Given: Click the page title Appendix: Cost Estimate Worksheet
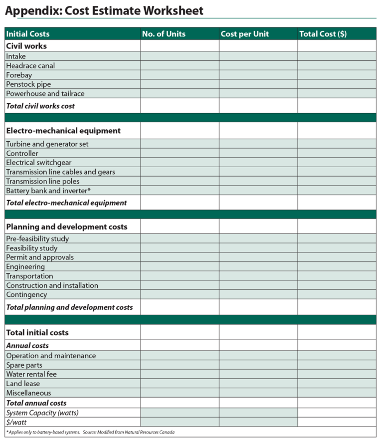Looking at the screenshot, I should pyautogui.click(x=104, y=10).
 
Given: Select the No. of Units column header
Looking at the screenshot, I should pyautogui.click(x=164, y=34).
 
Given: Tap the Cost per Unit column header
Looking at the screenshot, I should pyautogui.click(x=244, y=34).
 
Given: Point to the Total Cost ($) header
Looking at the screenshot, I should pyautogui.click(x=323, y=34).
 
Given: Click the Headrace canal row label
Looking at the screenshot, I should pyautogui.click(x=30, y=66).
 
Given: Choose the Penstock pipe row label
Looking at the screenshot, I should pyautogui.click(x=28, y=84).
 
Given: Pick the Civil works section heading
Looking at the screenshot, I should pyautogui.click(x=26, y=46).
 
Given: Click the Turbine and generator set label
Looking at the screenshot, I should pyautogui.click(x=47, y=144).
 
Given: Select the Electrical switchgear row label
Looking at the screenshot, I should pyautogui.click(x=39, y=163).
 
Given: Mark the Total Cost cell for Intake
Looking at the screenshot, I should pyautogui.click(x=337, y=56).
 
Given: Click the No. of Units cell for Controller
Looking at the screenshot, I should pyautogui.click(x=180, y=154).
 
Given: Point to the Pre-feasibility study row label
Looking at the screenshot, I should pyautogui.click(x=37, y=239).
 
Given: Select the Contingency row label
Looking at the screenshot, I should pyautogui.click(x=26, y=295).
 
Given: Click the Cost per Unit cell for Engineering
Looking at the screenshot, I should pyautogui.click(x=258, y=267).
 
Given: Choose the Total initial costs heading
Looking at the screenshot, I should pyautogui.click(x=37, y=333).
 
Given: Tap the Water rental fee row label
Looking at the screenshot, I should pyautogui.click(x=31, y=374).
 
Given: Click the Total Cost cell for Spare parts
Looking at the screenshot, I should pyautogui.click(x=337, y=365).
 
